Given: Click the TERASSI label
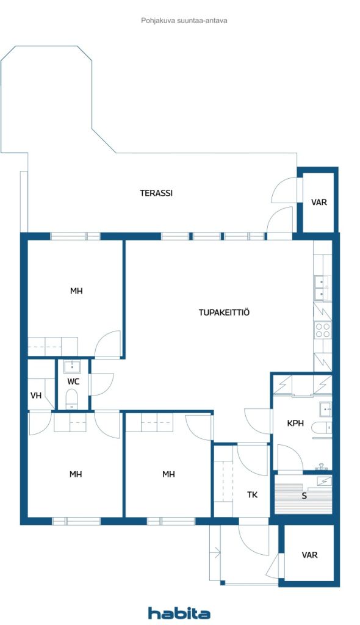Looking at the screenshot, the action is coord(156,193).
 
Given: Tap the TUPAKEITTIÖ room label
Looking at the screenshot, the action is coord(224,312).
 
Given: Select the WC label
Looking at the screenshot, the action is coord(73,381).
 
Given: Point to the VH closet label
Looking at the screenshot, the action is coord(36,396).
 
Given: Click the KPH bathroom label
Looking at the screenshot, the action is coord(295,423).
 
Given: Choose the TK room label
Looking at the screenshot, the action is coord(253,494).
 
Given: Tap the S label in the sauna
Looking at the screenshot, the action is coord(304,497).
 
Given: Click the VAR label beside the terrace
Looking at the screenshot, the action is coord(319,202).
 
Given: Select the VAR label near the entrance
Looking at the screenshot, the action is coord(309,555).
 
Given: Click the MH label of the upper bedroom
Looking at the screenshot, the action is coord(76,291).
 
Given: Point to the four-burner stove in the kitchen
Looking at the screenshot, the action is coord(323,330).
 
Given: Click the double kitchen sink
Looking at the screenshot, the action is coord(322,288).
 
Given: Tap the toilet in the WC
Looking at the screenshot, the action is coord(72,399).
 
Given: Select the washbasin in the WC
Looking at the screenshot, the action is coord(72,366).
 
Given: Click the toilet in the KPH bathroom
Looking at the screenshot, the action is coord(323,427).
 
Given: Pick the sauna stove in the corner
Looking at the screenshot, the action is coord(324,482).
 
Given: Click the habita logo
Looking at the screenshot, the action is coord(179,613).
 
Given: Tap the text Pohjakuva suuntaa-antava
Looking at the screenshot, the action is coord(184,20).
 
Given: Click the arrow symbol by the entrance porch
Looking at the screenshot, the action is coord(215,552).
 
